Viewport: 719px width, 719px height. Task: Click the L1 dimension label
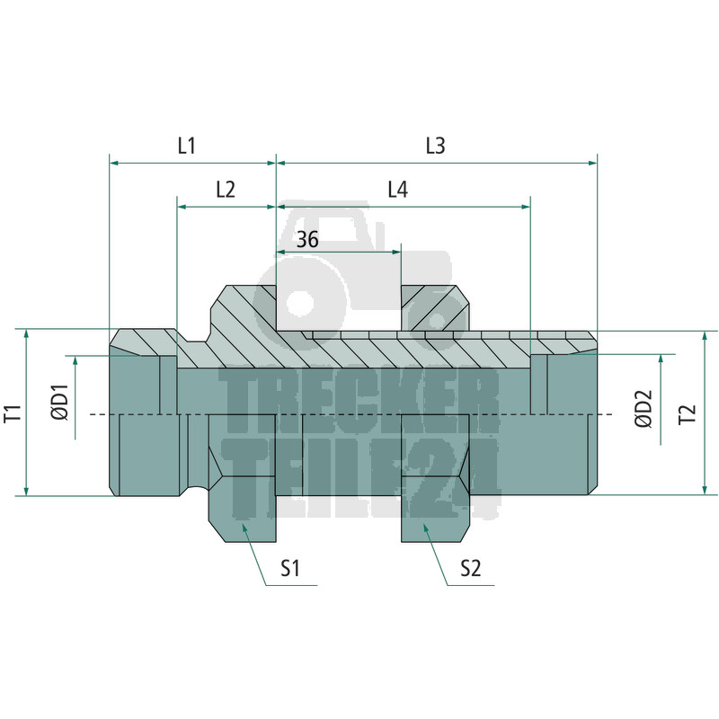pyautogui.click(x=187, y=146)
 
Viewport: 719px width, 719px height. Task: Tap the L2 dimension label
pyautogui.click(x=226, y=190)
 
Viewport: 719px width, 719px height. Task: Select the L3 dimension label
pyautogui.click(x=435, y=146)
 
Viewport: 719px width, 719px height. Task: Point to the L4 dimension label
pyautogui.click(x=397, y=190)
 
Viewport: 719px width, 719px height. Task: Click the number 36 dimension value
pyautogui.click(x=307, y=239)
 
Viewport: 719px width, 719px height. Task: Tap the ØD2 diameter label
pyautogui.click(x=644, y=409)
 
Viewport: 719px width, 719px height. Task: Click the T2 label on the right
pyautogui.click(x=688, y=414)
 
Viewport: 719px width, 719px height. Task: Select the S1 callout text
pyautogui.click(x=289, y=569)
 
